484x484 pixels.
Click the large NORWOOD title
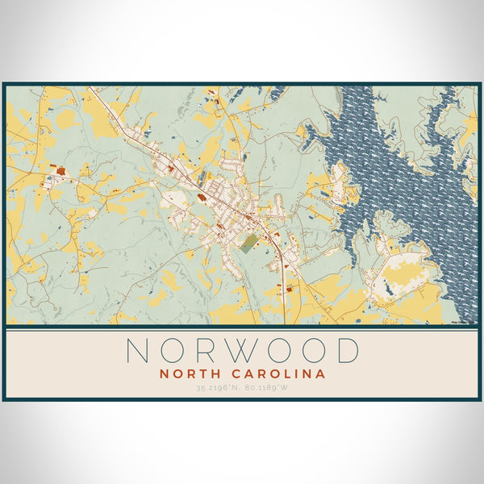pos(242,351)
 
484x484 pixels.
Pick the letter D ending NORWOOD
pos(347,351)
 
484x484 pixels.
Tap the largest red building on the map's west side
pos(61,173)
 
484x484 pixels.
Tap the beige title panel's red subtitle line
pos(242,374)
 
